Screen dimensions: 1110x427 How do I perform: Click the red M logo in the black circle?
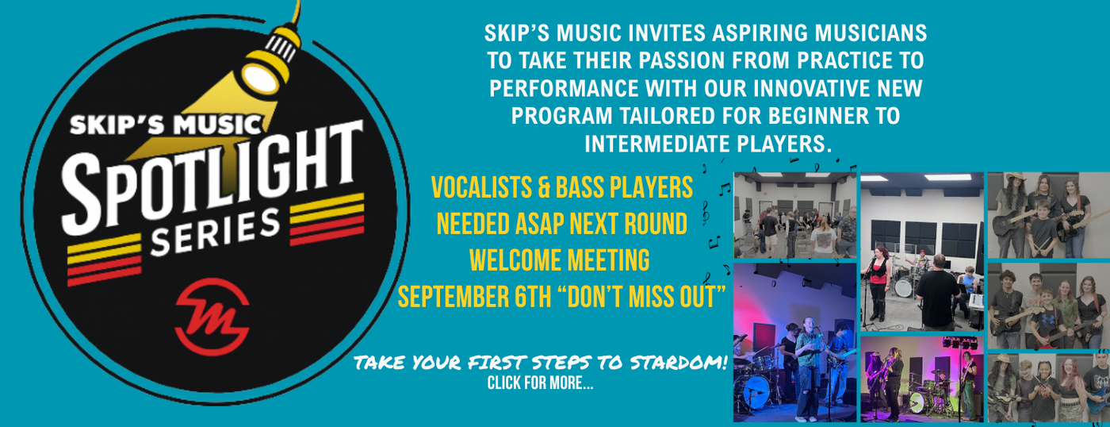(212, 317)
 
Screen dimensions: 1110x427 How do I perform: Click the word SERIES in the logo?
(216, 232)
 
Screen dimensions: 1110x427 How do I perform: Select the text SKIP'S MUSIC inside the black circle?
(166, 125)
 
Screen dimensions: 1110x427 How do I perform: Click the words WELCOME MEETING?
(560, 261)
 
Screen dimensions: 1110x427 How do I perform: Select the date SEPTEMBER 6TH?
(474, 298)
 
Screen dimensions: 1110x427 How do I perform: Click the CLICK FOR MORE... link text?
(540, 383)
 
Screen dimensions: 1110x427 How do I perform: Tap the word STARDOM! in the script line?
(678, 363)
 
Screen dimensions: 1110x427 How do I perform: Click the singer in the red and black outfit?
(878, 283)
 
